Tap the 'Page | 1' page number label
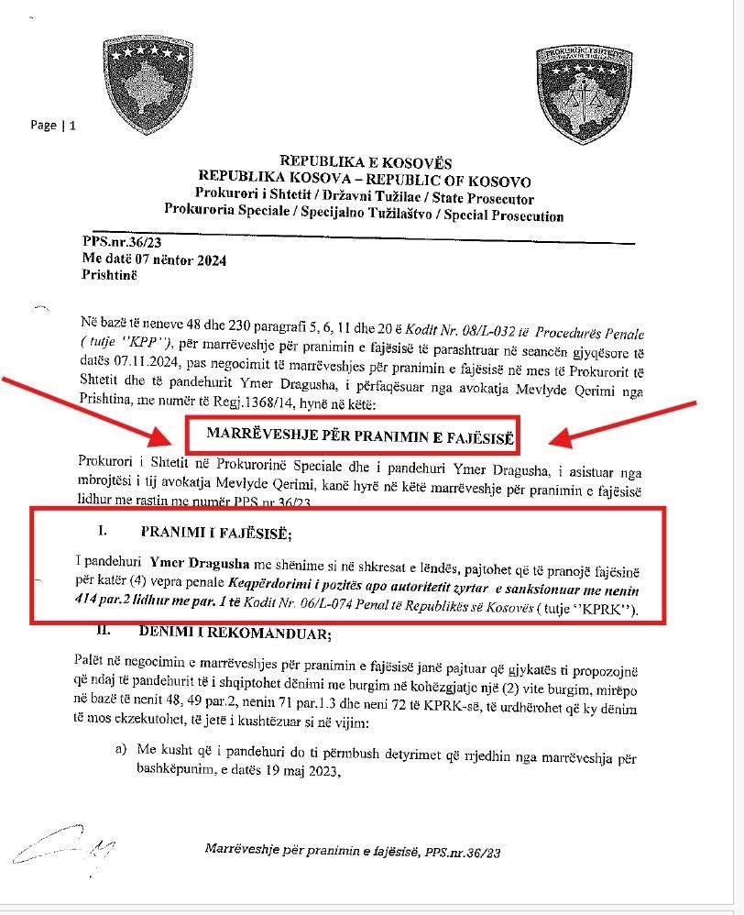(53, 126)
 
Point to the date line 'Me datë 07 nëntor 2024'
(153, 259)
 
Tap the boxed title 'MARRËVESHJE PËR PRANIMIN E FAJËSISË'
(362, 436)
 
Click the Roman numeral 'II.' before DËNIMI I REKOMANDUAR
(109, 631)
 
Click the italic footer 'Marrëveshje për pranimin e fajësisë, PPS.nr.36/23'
(352, 852)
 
